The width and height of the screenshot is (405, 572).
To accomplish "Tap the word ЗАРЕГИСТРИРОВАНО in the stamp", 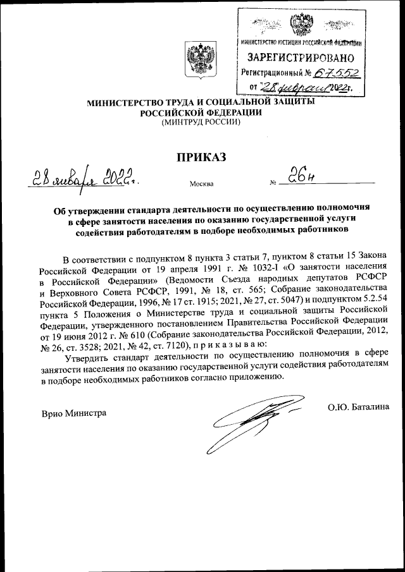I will pyautogui.click(x=299, y=58).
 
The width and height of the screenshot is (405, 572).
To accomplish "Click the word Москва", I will pyautogui.click(x=201, y=185).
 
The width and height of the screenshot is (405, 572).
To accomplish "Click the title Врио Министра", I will pyautogui.click(x=73, y=413).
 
